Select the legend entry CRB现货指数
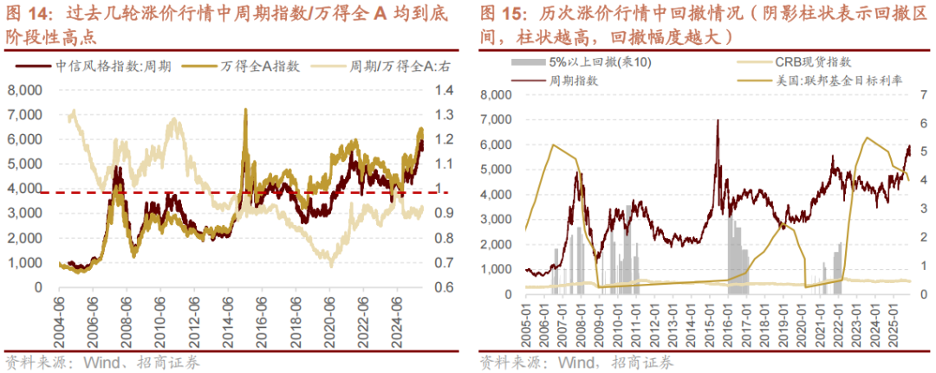806,62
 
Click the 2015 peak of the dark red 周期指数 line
718,121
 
